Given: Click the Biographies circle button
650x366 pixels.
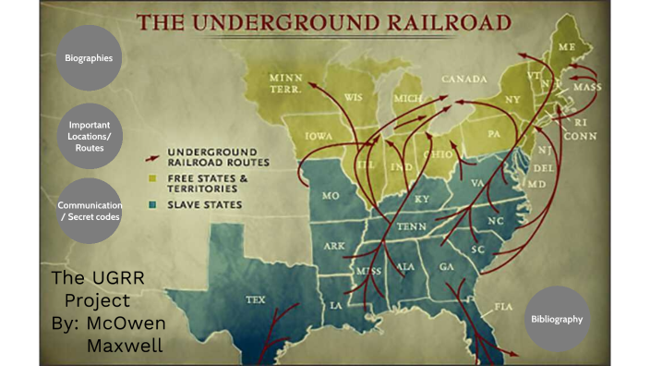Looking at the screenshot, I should point(90,58).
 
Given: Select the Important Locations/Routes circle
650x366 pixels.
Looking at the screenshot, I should point(90,135).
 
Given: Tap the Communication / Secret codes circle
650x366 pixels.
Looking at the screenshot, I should point(90,211).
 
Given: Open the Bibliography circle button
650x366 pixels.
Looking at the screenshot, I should point(556,319).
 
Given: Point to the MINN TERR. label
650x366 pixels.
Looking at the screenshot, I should point(289,82).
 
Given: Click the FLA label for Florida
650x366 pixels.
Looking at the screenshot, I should point(503,305).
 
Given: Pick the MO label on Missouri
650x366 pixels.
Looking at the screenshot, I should point(329,197).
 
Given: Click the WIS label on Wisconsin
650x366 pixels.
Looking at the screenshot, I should point(354,95).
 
